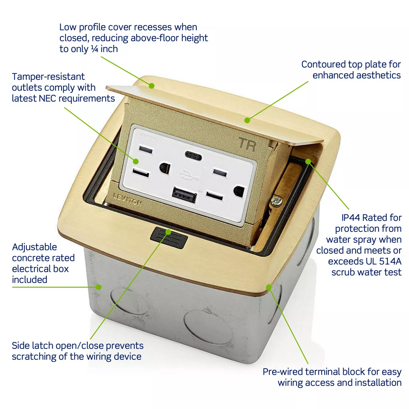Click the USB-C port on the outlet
click(193, 156)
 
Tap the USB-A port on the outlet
click(184, 194)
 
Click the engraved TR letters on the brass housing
click(247, 144)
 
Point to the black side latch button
click(169, 238)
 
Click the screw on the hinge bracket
click(276, 201)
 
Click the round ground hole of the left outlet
click(165, 168)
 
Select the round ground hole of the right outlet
click(239, 191)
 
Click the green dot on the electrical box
click(98, 287)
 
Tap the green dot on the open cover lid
click(151, 86)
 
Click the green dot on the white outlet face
click(136, 161)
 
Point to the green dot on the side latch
click(168, 232)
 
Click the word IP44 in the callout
click(351, 218)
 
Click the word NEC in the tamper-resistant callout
click(47, 98)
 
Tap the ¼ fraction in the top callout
click(95, 49)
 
